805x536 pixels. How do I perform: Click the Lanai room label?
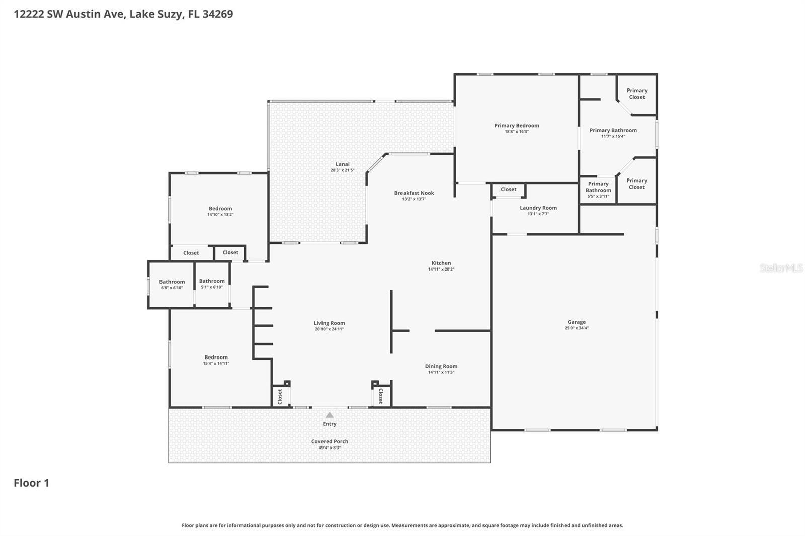coord(342,164)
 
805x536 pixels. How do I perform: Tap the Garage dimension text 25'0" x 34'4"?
coord(576,328)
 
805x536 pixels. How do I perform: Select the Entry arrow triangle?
coord(329,415)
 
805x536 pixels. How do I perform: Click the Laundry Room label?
coord(538,208)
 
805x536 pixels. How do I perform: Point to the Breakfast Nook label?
coord(414,193)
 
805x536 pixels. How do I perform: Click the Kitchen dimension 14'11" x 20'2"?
coord(441,270)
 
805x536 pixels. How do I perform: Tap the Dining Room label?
coord(441,366)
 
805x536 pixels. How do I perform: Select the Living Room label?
coord(329,323)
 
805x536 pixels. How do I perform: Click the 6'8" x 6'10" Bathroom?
coord(172,284)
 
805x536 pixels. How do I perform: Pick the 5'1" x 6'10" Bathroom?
coord(211,284)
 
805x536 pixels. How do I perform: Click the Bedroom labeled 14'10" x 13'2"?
coord(220,211)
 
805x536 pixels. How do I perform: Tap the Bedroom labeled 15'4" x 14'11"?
coord(216,360)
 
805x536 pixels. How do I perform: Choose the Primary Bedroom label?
coord(516,126)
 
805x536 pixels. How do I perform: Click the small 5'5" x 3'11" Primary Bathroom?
coord(598,190)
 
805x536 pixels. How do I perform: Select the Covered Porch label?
coord(329,441)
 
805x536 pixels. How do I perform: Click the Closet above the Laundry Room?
coord(508,190)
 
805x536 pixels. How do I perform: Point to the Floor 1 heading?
coord(31,483)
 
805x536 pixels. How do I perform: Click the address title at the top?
coord(123,14)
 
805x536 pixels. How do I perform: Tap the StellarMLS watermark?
coord(781,268)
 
